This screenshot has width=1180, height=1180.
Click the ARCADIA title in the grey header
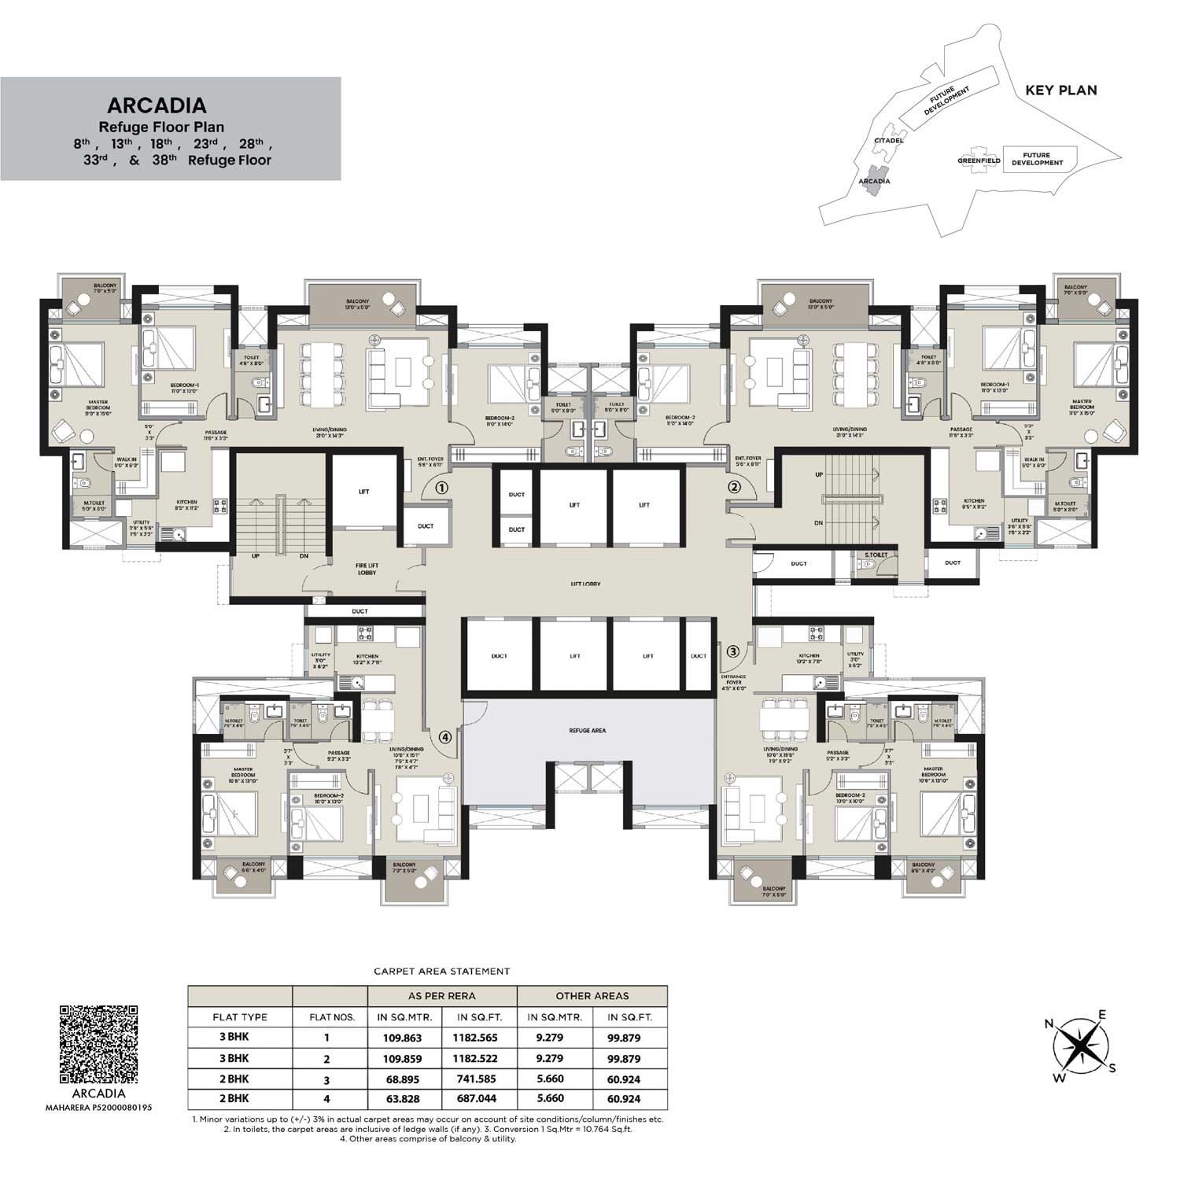point(157,105)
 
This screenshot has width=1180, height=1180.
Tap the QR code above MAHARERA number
point(99,1043)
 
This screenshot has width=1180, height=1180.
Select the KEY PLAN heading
point(1060,90)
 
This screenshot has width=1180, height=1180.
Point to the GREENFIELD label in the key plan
point(979,160)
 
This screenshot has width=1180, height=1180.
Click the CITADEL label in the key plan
point(888,141)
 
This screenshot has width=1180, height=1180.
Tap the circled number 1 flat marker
point(442,488)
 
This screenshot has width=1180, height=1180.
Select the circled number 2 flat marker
point(734,487)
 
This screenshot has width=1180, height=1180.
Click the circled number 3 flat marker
point(732,651)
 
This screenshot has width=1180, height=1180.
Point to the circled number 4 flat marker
point(445,737)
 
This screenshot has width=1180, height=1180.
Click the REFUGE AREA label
point(588,731)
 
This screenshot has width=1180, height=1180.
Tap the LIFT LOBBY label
point(586,584)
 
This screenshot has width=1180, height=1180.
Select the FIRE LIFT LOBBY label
point(367,569)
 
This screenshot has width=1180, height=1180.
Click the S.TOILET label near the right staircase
point(876,555)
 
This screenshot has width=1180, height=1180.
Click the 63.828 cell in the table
point(404,1099)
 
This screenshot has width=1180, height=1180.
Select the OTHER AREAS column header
point(592,996)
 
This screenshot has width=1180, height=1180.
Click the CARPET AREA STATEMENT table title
point(441,972)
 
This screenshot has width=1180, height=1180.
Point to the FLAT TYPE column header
point(240,1017)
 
